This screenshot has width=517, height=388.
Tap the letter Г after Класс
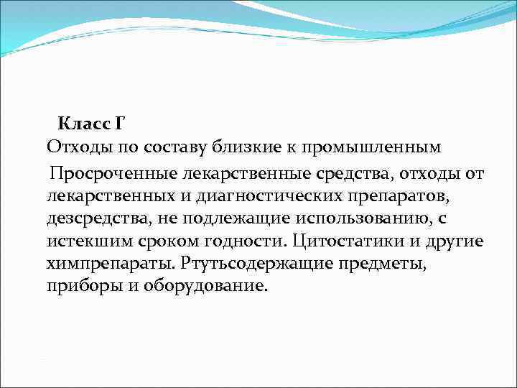click(x=118, y=123)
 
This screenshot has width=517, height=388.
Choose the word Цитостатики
click(x=345, y=241)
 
